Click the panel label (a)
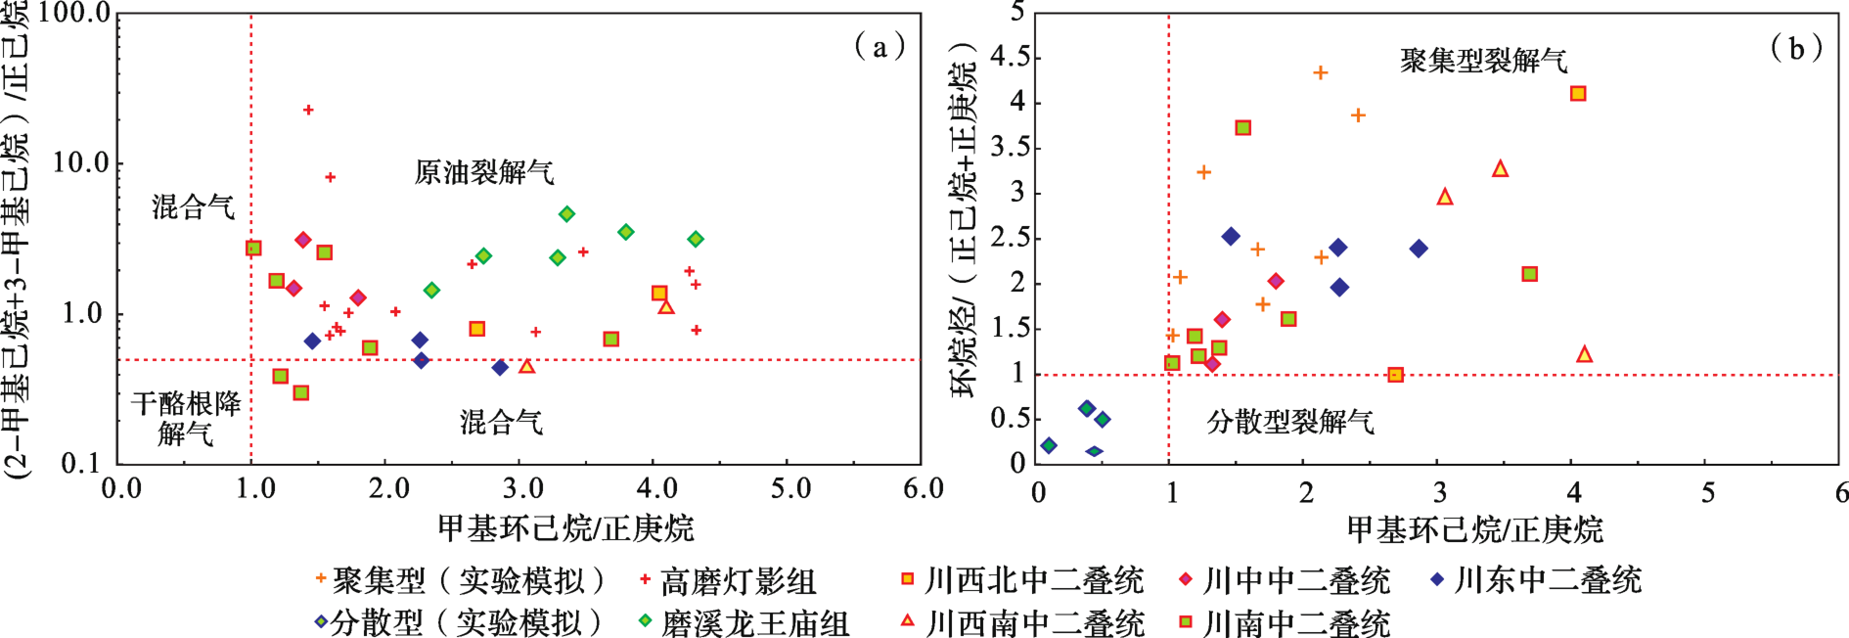[879, 46]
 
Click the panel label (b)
[1797, 47]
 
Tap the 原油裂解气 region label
[484, 173]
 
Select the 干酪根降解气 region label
[186, 418]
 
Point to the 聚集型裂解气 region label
[1484, 61]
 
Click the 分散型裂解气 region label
[1290, 422]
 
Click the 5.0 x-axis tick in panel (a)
[790, 487]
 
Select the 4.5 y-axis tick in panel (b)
[1010, 57]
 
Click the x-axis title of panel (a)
[565, 528]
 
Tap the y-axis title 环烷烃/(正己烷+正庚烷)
[965, 220]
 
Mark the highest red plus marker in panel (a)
[308, 111]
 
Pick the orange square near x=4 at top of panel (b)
[1578, 94]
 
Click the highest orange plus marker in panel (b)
[1321, 72]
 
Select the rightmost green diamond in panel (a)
[696, 239]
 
